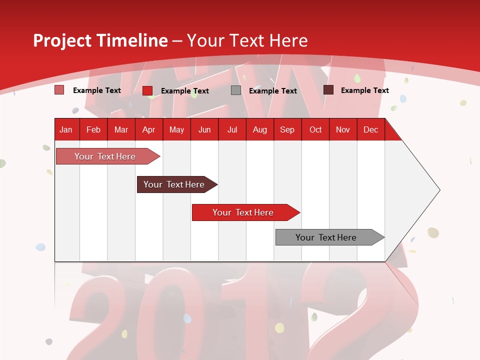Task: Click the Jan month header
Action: pyautogui.click(x=66, y=129)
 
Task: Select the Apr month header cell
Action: pyautogui.click(x=149, y=129)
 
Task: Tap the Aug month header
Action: pyautogui.click(x=259, y=129)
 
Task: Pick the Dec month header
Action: pyautogui.click(x=370, y=129)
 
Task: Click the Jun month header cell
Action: pyautogui.click(x=204, y=129)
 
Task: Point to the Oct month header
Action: pyautogui.click(x=315, y=129)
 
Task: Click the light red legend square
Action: pyautogui.click(x=59, y=90)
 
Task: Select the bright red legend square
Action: pyautogui.click(x=147, y=90)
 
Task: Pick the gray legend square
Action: pyautogui.click(x=236, y=90)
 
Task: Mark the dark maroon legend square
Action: pyautogui.click(x=328, y=90)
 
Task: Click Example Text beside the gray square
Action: pyautogui.click(x=272, y=90)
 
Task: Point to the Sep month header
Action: pyautogui.click(x=287, y=129)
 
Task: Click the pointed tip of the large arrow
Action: pyautogui.click(x=438, y=190)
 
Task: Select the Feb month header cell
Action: pyautogui.click(x=93, y=129)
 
